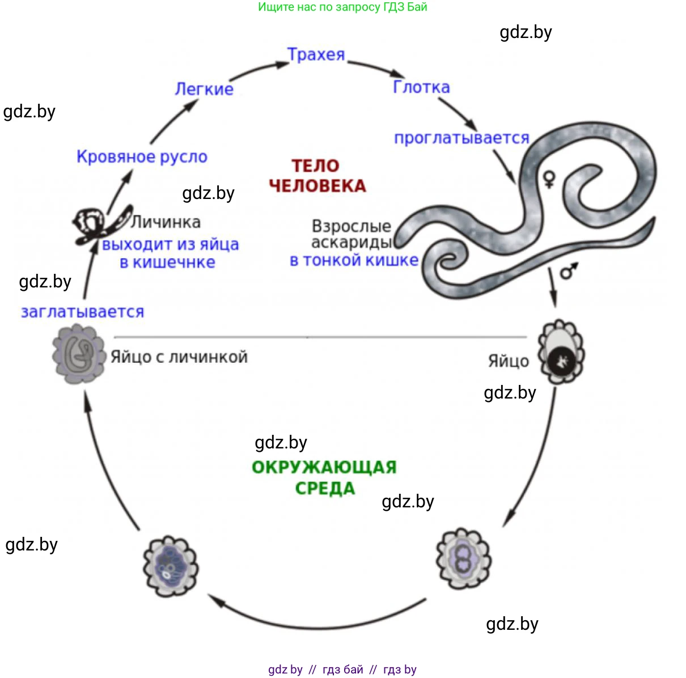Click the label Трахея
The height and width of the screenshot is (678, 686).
point(316,54)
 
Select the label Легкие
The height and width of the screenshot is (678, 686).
point(204,89)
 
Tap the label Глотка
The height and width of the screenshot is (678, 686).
point(421,87)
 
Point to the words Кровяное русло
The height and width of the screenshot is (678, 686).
point(142,156)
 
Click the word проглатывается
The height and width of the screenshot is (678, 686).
point(461,138)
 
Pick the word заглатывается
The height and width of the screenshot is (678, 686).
point(82,312)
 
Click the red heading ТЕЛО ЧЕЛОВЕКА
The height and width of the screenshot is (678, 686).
point(317,176)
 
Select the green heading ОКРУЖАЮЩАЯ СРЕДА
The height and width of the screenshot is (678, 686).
point(324,477)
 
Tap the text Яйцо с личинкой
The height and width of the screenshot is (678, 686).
point(179,357)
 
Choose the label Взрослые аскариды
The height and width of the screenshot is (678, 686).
point(352,234)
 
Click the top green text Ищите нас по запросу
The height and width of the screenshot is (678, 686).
point(342,7)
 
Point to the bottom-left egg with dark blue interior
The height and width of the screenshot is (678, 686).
point(170,566)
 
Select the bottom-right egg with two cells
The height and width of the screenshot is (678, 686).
point(463,558)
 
